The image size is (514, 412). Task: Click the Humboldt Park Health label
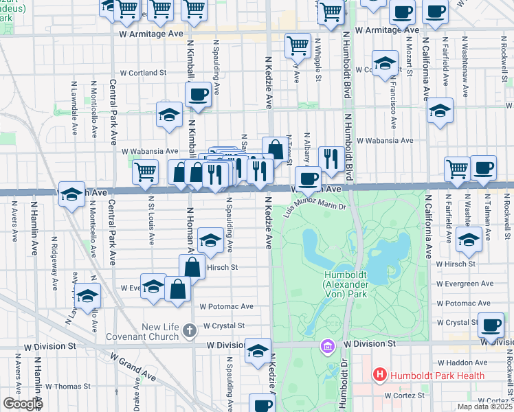click(436, 376)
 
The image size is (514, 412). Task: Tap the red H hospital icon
click(378, 376)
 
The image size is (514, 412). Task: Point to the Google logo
click(22, 404)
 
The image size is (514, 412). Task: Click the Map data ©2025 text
click(484, 407)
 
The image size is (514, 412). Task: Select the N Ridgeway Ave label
click(54, 265)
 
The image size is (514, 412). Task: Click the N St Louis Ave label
click(152, 220)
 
